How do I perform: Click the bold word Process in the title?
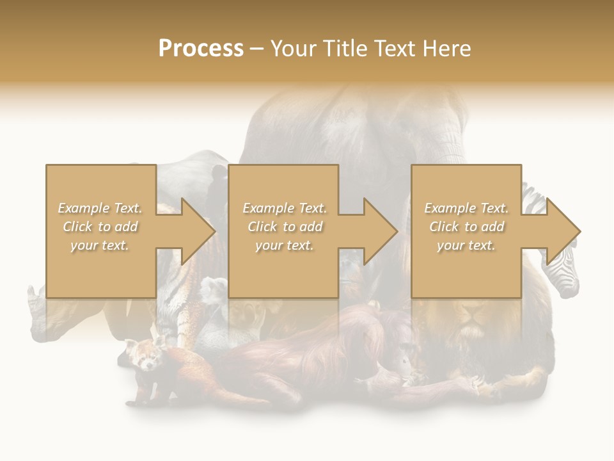(201, 49)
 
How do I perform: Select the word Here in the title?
(448, 49)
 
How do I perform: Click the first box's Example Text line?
(100, 208)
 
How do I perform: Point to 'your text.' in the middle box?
(284, 245)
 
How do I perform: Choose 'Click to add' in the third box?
(466, 227)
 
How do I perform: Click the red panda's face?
(143, 355)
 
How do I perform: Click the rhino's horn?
(32, 296)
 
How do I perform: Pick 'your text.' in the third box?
(466, 245)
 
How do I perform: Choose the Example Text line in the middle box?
(284, 208)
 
